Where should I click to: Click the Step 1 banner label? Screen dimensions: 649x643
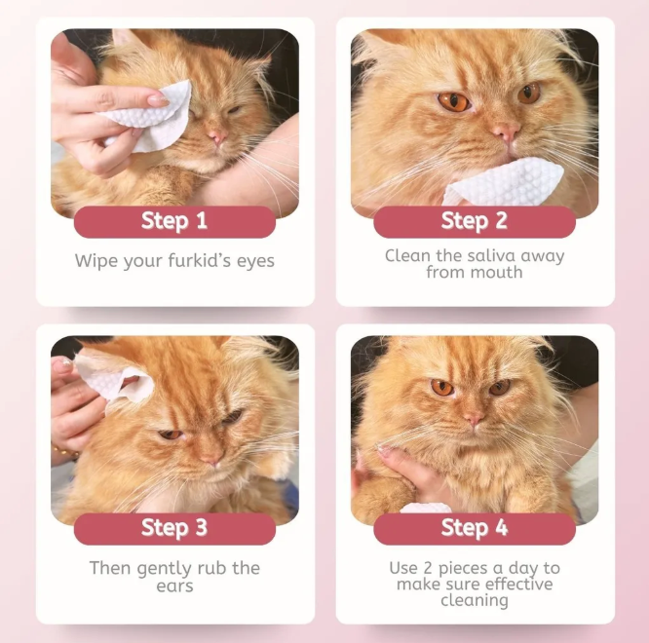pos(174,220)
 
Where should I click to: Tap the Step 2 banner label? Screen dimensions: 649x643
pos(475,220)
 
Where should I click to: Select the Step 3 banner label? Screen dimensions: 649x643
pos(174,528)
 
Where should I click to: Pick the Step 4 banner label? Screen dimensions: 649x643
pos(475,528)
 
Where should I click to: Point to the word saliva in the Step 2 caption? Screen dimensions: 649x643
pos(491,255)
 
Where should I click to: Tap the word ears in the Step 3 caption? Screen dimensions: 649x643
pos(174,586)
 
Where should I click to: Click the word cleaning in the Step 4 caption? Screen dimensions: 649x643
pos(475,600)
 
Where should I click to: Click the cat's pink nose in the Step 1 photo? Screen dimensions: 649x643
pos(217,134)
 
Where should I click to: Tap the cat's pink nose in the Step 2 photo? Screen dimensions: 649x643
pos(506,132)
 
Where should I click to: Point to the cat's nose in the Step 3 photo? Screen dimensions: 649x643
pos(211,459)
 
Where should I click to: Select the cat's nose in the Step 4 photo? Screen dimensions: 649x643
pos(473,418)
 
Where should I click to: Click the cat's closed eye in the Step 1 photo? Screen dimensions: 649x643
pos(233,111)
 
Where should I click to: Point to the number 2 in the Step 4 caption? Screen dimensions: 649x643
pos(428,568)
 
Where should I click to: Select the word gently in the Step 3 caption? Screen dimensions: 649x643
pos(164,569)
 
